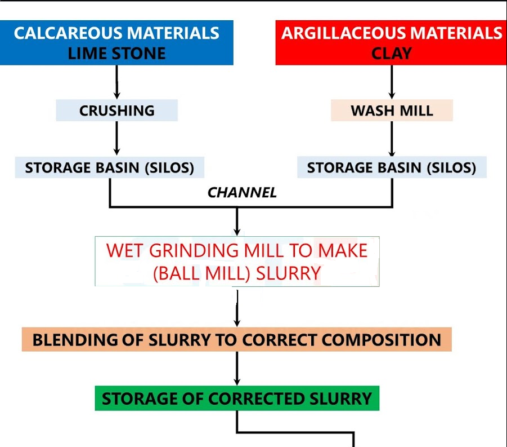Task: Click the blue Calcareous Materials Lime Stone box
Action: [116, 43]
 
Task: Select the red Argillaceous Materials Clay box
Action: [391, 43]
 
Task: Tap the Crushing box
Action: [116, 110]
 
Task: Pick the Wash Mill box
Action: [392, 110]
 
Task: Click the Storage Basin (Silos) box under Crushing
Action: [109, 167]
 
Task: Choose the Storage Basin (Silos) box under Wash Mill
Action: [392, 167]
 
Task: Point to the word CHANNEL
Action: [242, 193]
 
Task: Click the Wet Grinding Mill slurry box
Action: [237, 261]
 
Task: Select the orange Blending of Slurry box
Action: [236, 340]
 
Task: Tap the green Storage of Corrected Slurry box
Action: [236, 399]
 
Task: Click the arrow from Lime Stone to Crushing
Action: [116, 82]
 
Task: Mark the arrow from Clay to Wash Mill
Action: [392, 82]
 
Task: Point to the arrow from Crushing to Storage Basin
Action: [116, 138]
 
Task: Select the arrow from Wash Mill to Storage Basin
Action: [392, 139]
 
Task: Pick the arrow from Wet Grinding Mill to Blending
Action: [237, 308]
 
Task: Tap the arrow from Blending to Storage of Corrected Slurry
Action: [237, 369]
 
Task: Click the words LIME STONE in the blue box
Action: [116, 54]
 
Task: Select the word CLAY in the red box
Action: [392, 54]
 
